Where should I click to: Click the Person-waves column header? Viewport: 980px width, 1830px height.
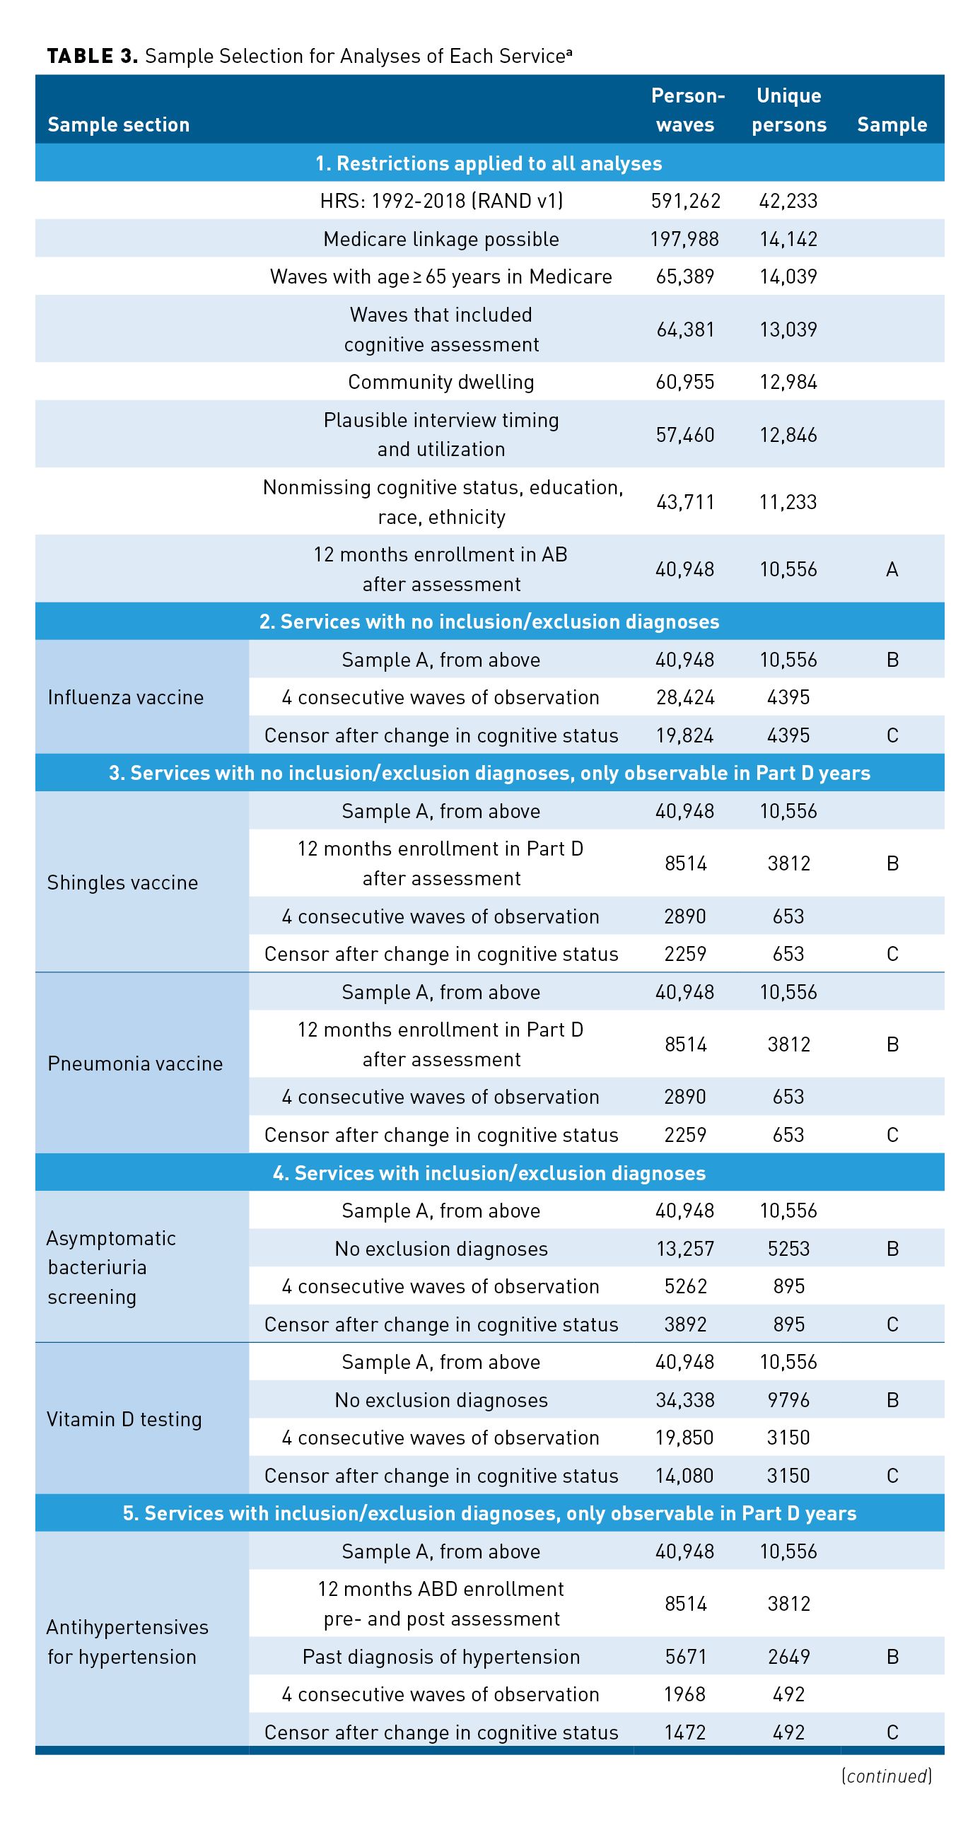point(687,110)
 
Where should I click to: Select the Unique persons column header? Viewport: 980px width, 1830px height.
point(788,110)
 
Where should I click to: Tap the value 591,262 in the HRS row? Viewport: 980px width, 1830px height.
point(685,201)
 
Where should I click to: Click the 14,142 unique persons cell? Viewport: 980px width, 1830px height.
point(788,239)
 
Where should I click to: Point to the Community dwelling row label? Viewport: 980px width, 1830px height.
point(441,383)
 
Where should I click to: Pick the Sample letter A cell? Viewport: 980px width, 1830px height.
point(892,569)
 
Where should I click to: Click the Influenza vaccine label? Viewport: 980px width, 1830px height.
point(126,698)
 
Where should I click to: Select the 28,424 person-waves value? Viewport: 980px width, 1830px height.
point(685,698)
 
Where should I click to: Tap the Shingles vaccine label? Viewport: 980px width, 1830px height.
point(123,882)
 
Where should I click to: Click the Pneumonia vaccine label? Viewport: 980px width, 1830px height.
point(135,1063)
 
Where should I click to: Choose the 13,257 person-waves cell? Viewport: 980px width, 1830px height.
point(685,1249)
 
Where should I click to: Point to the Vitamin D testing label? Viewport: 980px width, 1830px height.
point(124,1419)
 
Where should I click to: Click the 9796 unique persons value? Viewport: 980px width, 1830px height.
point(788,1400)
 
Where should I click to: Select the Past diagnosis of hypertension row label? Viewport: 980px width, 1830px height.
point(441,1657)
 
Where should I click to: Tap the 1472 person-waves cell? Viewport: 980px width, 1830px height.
point(685,1732)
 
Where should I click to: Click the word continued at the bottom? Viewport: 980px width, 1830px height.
point(887,1776)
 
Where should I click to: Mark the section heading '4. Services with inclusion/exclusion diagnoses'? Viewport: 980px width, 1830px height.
point(489,1173)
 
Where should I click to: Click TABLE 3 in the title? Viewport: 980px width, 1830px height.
point(93,56)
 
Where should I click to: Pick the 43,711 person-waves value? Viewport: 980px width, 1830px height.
point(685,502)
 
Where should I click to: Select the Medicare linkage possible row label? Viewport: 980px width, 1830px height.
point(441,239)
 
